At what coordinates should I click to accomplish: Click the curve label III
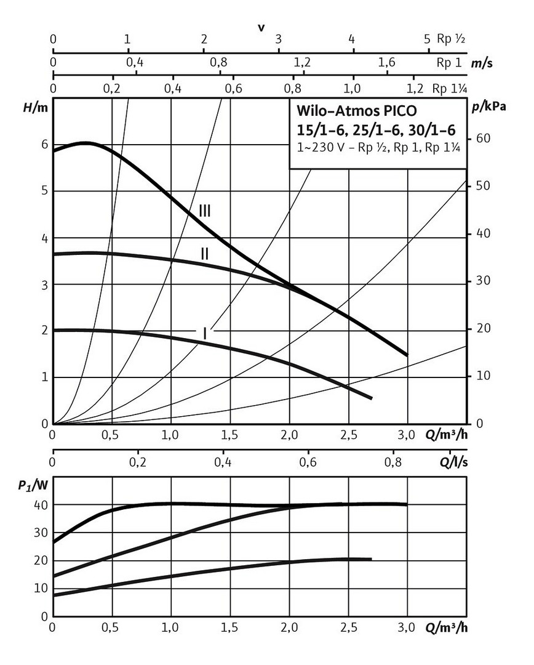point(205,211)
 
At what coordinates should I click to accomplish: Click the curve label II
point(205,252)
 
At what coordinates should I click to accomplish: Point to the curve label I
point(205,332)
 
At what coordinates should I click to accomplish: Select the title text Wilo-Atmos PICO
point(356,111)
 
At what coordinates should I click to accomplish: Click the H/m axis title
point(35,106)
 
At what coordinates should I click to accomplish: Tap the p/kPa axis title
point(489,106)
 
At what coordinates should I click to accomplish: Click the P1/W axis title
point(33,483)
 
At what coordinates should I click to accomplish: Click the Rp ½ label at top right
point(451,39)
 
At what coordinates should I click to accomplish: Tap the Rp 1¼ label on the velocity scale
point(449,89)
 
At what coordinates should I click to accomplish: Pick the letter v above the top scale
point(261,28)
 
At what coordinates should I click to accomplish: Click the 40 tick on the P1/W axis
point(41,505)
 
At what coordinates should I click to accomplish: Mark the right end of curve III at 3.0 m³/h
point(407,355)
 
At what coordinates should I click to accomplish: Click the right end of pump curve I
point(372,398)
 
